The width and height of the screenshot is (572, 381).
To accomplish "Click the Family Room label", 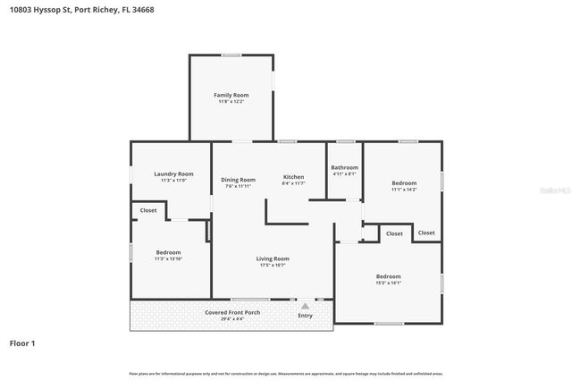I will (231, 95).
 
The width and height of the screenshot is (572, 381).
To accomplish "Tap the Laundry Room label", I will (173, 174).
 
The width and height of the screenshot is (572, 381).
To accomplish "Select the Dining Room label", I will (238, 180).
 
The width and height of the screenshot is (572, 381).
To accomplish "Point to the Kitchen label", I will (293, 177).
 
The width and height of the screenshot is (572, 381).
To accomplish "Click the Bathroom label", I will (344, 167).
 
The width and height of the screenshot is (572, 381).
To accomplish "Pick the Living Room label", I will (273, 258).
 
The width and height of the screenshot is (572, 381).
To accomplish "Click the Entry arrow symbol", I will (305, 306).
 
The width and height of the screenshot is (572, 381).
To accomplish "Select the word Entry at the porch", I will (305, 315).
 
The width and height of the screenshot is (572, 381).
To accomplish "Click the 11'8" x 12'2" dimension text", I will (231, 102).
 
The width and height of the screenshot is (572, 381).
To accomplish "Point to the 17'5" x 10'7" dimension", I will (273, 266).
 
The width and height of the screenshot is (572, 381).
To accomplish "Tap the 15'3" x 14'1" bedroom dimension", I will (388, 284).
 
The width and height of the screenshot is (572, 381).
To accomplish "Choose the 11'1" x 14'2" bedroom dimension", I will (404, 190).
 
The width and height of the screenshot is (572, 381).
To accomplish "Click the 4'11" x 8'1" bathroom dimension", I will (344, 174).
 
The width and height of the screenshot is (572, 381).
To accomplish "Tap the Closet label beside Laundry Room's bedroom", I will (148, 210).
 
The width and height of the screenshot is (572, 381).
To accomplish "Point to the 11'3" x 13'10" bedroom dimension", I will (168, 259).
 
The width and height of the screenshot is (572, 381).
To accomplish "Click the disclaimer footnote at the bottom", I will (285, 373).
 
